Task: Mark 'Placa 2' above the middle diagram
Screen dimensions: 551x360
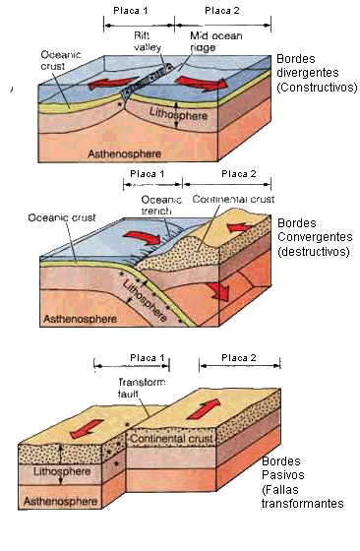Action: [x=239, y=174]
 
